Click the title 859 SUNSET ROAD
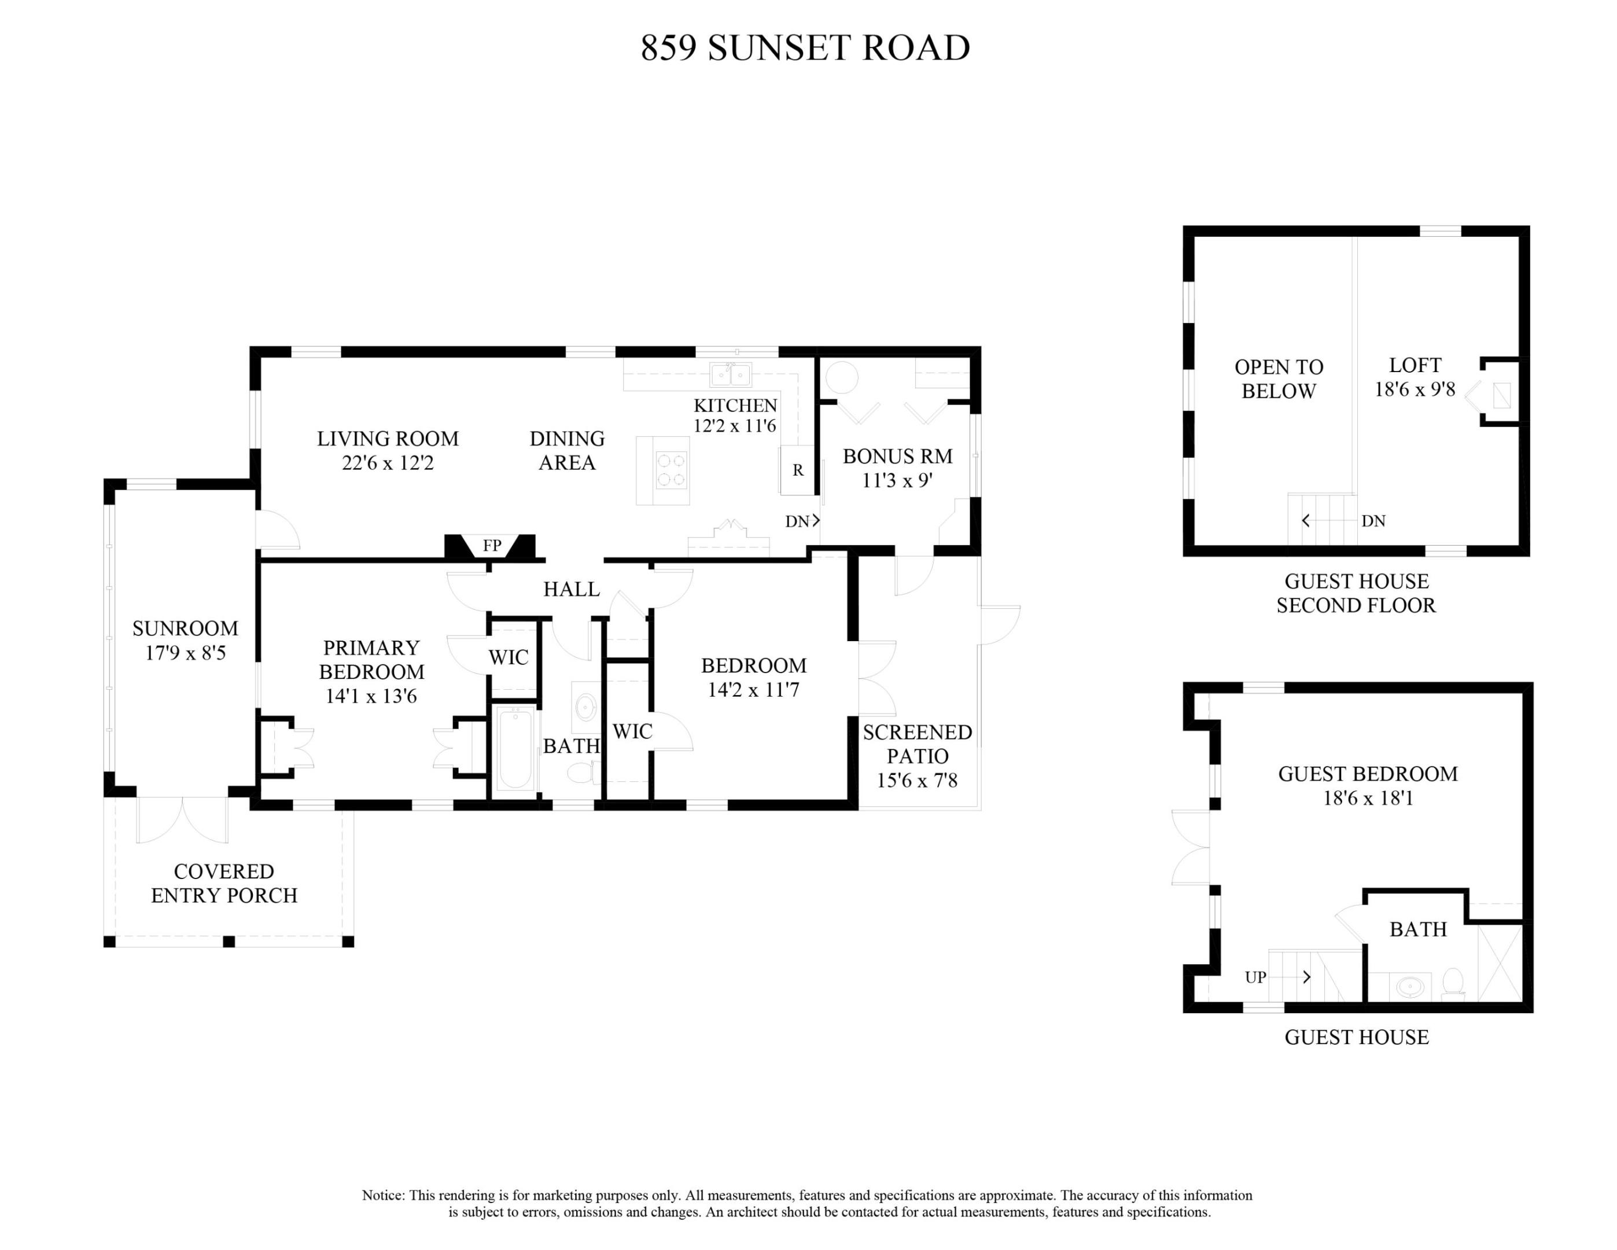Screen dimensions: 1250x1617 [805, 48]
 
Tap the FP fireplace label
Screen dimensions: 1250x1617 [492, 546]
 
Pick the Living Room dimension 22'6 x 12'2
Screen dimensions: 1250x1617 [388, 463]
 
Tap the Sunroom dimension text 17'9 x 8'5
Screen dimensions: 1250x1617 [185, 653]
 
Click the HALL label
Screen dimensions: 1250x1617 [571, 590]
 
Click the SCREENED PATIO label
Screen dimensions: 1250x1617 [918, 744]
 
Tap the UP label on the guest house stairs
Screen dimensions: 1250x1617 [1255, 977]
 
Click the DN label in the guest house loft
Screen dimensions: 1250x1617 [1373, 521]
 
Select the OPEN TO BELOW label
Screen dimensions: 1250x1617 [1279, 379]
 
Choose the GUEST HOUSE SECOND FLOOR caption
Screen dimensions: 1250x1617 [1356, 593]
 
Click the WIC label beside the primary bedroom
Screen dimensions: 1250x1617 [509, 657]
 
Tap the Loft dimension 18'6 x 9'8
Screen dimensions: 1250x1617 [1415, 389]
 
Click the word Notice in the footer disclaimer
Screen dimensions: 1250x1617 [383, 1195]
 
